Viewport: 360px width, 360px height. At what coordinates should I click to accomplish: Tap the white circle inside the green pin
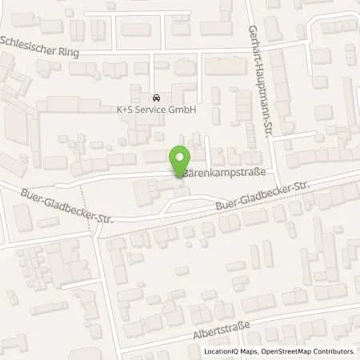pyautogui.click(x=179, y=157)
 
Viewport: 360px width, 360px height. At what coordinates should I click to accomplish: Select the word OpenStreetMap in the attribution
pyautogui.click(x=283, y=352)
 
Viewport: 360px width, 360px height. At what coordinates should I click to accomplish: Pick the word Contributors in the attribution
pyautogui.click(x=334, y=352)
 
